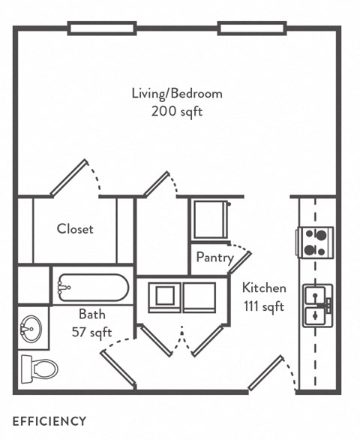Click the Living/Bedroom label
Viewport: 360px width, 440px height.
click(177, 94)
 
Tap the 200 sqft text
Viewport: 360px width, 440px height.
click(177, 112)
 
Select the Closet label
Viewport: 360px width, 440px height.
click(75, 229)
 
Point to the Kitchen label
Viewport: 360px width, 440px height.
click(263, 288)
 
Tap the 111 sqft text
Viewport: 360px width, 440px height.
click(263, 306)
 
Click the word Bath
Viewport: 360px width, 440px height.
click(91, 314)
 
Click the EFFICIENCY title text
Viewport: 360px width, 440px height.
click(49, 421)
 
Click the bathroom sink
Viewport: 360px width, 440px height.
click(32, 328)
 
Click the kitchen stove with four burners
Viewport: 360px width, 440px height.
click(316, 242)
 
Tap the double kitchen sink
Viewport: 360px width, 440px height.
click(317, 305)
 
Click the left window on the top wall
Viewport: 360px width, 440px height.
click(102, 29)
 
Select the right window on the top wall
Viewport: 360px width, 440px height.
click(252, 29)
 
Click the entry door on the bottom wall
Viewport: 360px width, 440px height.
click(265, 373)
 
